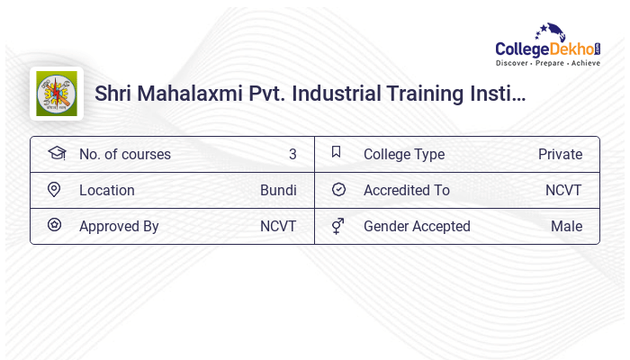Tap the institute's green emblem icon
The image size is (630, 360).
coord(57,94)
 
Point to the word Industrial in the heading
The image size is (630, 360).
coord(336,94)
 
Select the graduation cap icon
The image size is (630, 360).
coord(56,153)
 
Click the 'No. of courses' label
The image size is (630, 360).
coord(124,155)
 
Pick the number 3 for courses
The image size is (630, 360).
coord(292,155)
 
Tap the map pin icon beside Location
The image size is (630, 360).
coord(54,190)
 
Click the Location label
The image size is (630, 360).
coord(107,191)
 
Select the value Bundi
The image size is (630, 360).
coord(278,191)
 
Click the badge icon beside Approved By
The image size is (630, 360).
coord(54,225)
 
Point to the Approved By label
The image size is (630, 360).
coord(119,227)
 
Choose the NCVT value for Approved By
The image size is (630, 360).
coord(278,227)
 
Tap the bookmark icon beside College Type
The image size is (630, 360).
coord(337,152)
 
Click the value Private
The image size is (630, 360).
coord(560,155)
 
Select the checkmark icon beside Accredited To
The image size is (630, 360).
coord(338,190)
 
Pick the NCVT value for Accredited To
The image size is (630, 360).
coord(563,191)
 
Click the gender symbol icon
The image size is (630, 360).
coord(337,226)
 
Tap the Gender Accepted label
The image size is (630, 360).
coord(417,227)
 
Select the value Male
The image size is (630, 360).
coord(566,227)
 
